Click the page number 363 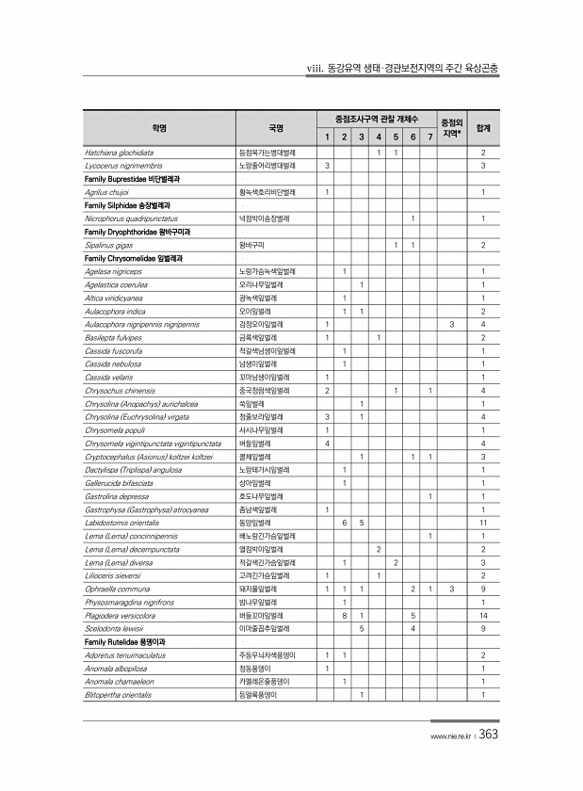489,735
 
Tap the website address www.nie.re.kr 449,737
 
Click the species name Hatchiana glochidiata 119,153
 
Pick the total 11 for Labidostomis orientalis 482,522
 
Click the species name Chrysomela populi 117,429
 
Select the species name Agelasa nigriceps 113,271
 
